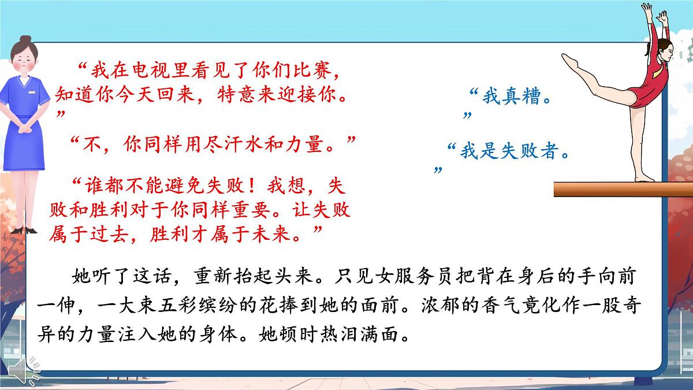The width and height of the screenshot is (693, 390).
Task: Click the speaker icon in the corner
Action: click(x=27, y=370)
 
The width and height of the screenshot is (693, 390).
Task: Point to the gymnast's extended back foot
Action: click(x=571, y=60)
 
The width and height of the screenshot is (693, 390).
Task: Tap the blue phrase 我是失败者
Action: click(x=511, y=151)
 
